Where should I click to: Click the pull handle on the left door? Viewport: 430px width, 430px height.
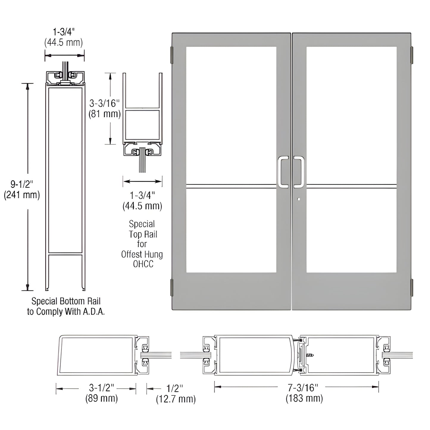point(283,172)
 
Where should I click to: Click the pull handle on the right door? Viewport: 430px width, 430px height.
point(299,172)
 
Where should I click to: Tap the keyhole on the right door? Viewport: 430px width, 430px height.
point(298,200)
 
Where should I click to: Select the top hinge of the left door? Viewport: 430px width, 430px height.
point(172,55)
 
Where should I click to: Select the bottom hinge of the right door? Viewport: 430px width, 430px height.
point(412,287)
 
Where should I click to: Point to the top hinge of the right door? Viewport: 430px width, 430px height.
point(412,55)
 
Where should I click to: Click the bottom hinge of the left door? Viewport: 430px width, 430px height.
point(172,287)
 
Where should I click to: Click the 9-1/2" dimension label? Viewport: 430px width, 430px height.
point(22,184)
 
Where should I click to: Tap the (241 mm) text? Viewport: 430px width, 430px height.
point(22,195)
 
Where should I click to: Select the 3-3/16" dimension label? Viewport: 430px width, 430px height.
point(105,103)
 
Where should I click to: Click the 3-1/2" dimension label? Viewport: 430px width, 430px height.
point(101,387)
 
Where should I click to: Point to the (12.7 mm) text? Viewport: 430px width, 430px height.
point(176,399)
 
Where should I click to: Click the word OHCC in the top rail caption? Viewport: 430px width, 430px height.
point(143,264)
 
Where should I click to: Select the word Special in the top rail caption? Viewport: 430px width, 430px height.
point(142,224)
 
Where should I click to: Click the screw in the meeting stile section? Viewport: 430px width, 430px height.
point(310,355)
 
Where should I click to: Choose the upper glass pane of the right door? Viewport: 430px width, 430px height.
point(351,115)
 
